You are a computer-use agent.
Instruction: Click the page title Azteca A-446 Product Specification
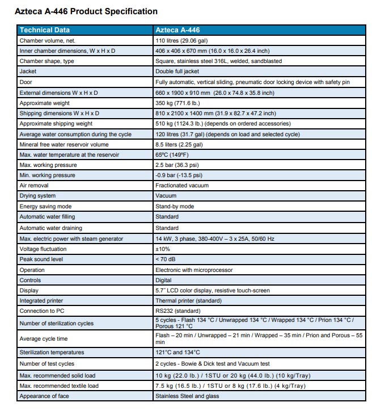86,11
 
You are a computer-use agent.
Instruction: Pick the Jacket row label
28,72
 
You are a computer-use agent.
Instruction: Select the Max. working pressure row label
48,165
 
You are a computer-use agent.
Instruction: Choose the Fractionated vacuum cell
182,185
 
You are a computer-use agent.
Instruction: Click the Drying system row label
37,195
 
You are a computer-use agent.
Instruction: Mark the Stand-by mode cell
175,207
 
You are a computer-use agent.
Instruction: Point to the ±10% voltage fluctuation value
163,249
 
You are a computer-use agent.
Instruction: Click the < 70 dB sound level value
166,259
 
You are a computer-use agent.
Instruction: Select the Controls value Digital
163,280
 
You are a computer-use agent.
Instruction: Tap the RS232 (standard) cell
178,311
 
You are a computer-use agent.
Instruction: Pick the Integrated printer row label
41,300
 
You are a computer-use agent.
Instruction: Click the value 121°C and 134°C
177,353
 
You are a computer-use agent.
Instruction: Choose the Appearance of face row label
44,396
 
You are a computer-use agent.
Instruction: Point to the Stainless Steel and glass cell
187,396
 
